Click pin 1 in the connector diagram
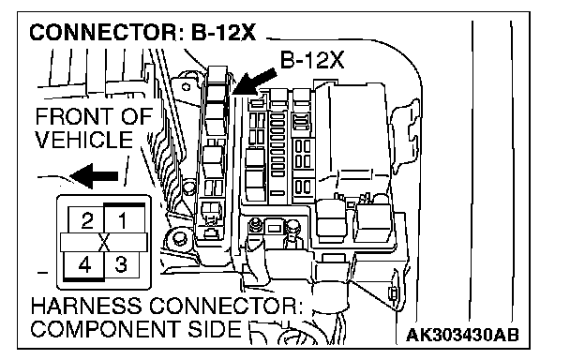pyautogui.click(x=123, y=220)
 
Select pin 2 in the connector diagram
pyautogui.click(x=87, y=220)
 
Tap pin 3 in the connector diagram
pyautogui.click(x=121, y=264)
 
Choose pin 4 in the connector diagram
pyautogui.click(x=84, y=265)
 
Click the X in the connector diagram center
pyautogui.click(x=104, y=242)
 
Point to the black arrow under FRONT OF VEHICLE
pyautogui.click(x=94, y=176)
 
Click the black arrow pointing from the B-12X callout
pyautogui.click(x=254, y=82)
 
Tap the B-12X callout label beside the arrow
pyautogui.click(x=312, y=60)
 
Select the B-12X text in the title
pyautogui.click(x=223, y=33)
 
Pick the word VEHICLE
pyautogui.click(x=84, y=140)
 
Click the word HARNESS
pyautogui.click(x=86, y=306)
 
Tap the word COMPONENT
pyautogui.click(x=105, y=329)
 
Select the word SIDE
pyautogui.click(x=215, y=329)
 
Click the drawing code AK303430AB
pyautogui.click(x=462, y=335)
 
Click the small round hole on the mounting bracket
pyautogui.click(x=187, y=87)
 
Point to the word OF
pyautogui.click(x=137, y=117)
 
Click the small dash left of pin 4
pyautogui.click(x=43, y=273)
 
